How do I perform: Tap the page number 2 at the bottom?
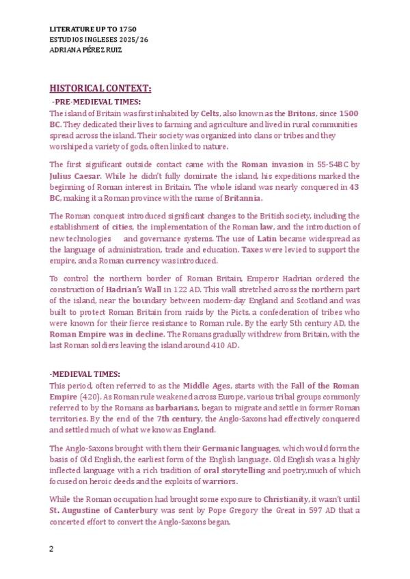click(51, 549)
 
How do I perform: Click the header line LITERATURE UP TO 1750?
click(93, 30)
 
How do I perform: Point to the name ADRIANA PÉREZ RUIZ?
click(86, 50)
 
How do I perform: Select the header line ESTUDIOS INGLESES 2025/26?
click(99, 40)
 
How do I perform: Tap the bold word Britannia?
click(243, 198)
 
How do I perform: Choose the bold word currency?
click(143, 261)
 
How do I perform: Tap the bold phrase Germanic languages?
click(241, 448)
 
